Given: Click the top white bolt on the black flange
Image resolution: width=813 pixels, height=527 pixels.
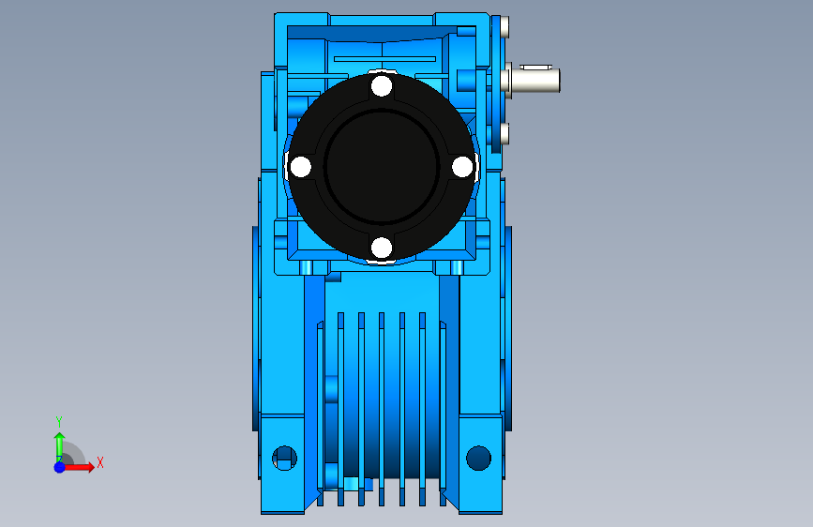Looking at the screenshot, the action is pos(382,86).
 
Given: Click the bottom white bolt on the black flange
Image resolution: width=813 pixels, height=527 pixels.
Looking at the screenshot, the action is pos(382,248).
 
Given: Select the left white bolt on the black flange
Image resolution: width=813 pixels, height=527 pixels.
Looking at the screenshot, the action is pos(301,167).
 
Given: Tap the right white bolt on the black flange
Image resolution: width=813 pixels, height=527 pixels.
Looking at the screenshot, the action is pos(462,167).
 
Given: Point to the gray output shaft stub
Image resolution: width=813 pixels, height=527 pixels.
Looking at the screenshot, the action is pos(535,81).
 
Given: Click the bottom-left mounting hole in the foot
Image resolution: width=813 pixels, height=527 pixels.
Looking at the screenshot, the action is pos(285,458).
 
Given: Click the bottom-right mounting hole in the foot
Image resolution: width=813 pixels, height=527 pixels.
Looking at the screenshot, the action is pos(478,458).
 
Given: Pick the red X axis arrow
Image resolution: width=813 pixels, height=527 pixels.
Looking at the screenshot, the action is pos(79,467).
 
